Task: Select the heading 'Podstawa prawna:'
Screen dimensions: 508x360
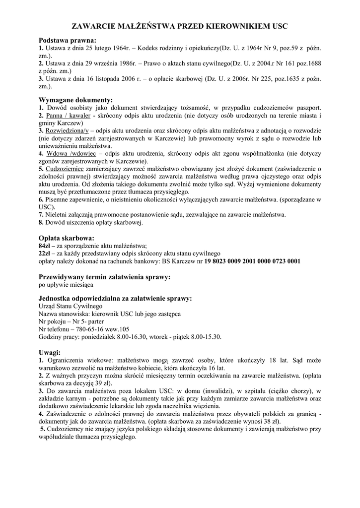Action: point(68,41)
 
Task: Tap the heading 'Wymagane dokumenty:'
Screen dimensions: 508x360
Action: point(76,100)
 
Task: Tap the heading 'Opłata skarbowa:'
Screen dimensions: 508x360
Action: point(67,238)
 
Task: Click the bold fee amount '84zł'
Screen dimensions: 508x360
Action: point(46,246)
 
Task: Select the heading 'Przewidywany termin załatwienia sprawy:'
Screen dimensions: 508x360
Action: point(105,277)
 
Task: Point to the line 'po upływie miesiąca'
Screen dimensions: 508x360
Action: point(66,285)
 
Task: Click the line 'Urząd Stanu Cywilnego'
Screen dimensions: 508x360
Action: point(71,307)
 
